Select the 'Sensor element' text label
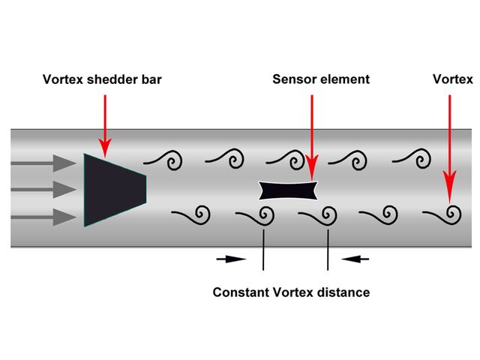point(321,79)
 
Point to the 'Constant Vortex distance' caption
point(291,292)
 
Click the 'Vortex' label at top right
point(452,79)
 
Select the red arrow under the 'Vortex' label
point(449,142)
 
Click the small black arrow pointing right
point(231,259)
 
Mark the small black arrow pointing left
point(355,259)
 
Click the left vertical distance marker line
point(263,248)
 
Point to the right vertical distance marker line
point(328,248)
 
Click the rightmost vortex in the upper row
point(416,159)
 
